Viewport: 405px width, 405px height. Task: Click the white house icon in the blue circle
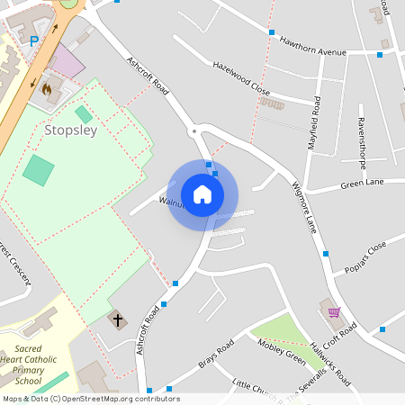coord(202,194)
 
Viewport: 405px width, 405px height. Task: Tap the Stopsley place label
coord(70,130)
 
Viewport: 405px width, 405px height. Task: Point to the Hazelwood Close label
coord(241,78)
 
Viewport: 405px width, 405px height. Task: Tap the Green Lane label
coord(362,184)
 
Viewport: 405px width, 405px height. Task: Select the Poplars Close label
coord(364,257)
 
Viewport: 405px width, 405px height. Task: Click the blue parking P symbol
coord(34,40)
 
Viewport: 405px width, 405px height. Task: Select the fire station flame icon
coord(46,89)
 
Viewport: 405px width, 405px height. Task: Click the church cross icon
coord(117,319)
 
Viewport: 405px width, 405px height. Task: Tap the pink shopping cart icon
coord(335,312)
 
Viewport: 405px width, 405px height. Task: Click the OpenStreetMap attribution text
coord(90,399)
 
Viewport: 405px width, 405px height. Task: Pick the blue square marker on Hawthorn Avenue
coord(272,32)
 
